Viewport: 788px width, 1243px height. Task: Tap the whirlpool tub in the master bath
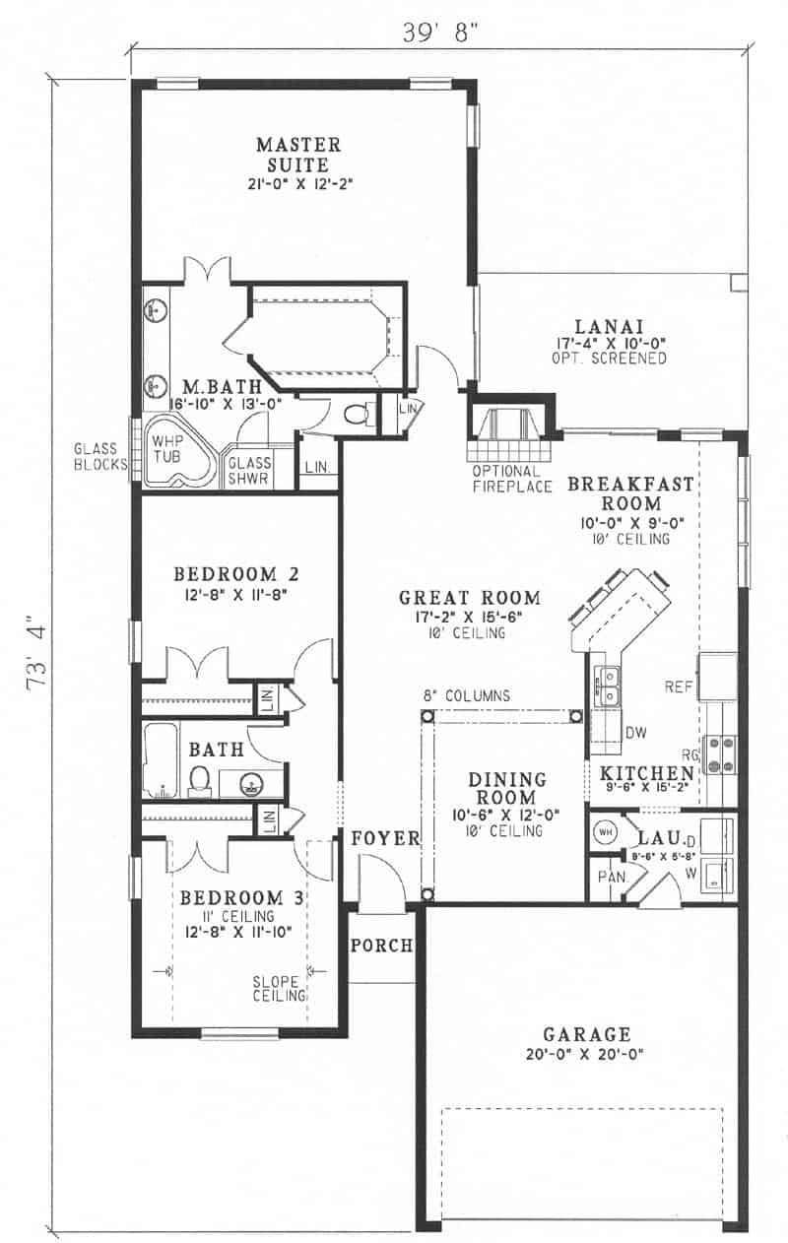point(179,454)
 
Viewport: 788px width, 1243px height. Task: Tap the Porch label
point(381,946)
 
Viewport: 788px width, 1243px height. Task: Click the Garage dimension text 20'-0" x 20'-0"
point(586,1054)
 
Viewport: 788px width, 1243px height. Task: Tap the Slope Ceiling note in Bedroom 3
point(280,989)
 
